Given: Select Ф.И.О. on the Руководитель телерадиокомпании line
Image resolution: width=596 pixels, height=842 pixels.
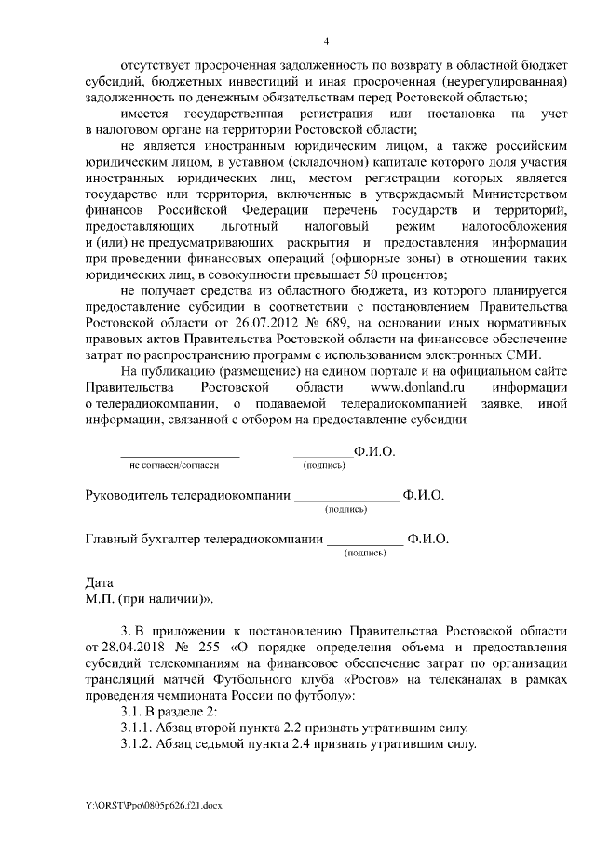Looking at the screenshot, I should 424,496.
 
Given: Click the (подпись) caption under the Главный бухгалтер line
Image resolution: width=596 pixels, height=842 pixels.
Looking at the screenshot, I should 366,552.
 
